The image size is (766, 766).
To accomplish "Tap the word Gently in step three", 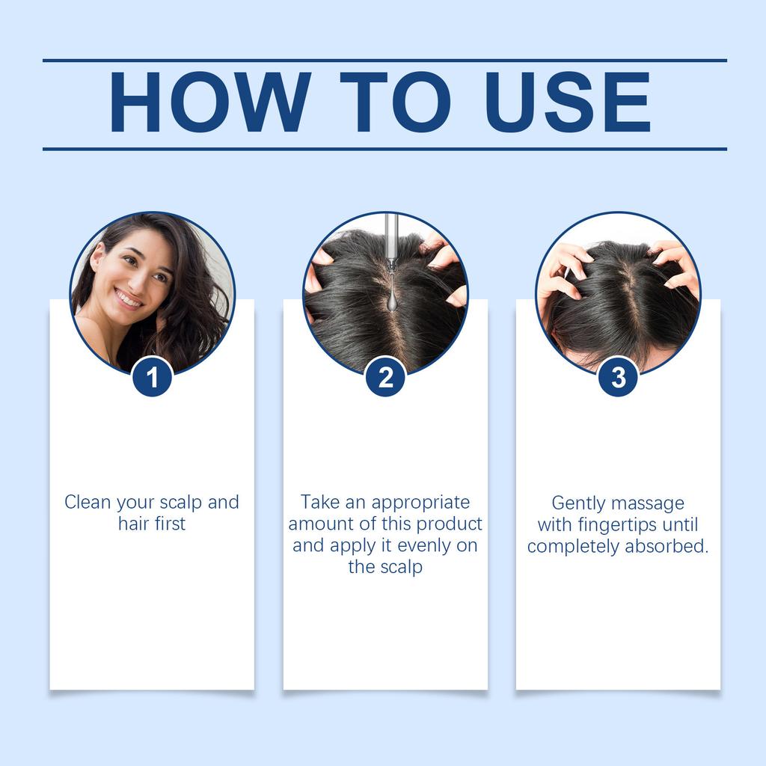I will click(x=578, y=503).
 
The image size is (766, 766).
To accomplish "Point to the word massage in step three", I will click(x=650, y=503).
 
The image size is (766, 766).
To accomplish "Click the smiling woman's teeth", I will click(x=128, y=298).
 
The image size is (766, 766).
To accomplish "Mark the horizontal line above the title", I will click(x=384, y=60).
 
